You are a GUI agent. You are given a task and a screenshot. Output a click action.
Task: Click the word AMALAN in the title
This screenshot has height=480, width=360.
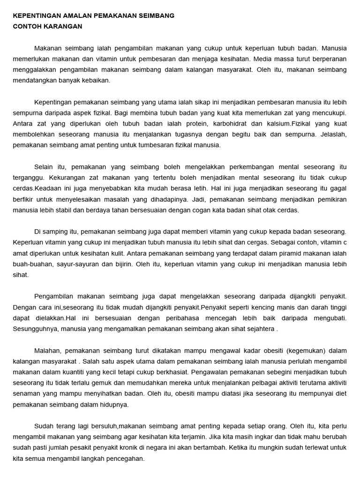point(74,15)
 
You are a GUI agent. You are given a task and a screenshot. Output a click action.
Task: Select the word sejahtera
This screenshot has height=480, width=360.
point(259,329)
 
